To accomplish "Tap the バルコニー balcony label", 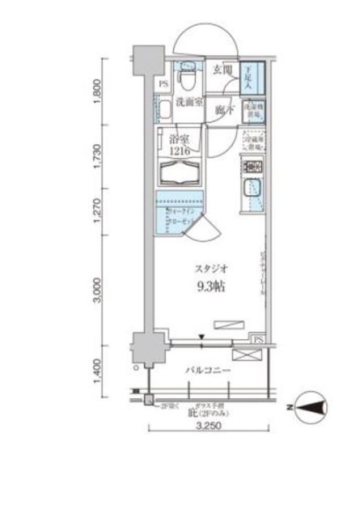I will click(x=209, y=370).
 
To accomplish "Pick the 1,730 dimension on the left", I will click(x=98, y=155).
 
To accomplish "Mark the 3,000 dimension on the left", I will click(x=98, y=291).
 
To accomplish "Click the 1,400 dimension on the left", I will click(x=98, y=374).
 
